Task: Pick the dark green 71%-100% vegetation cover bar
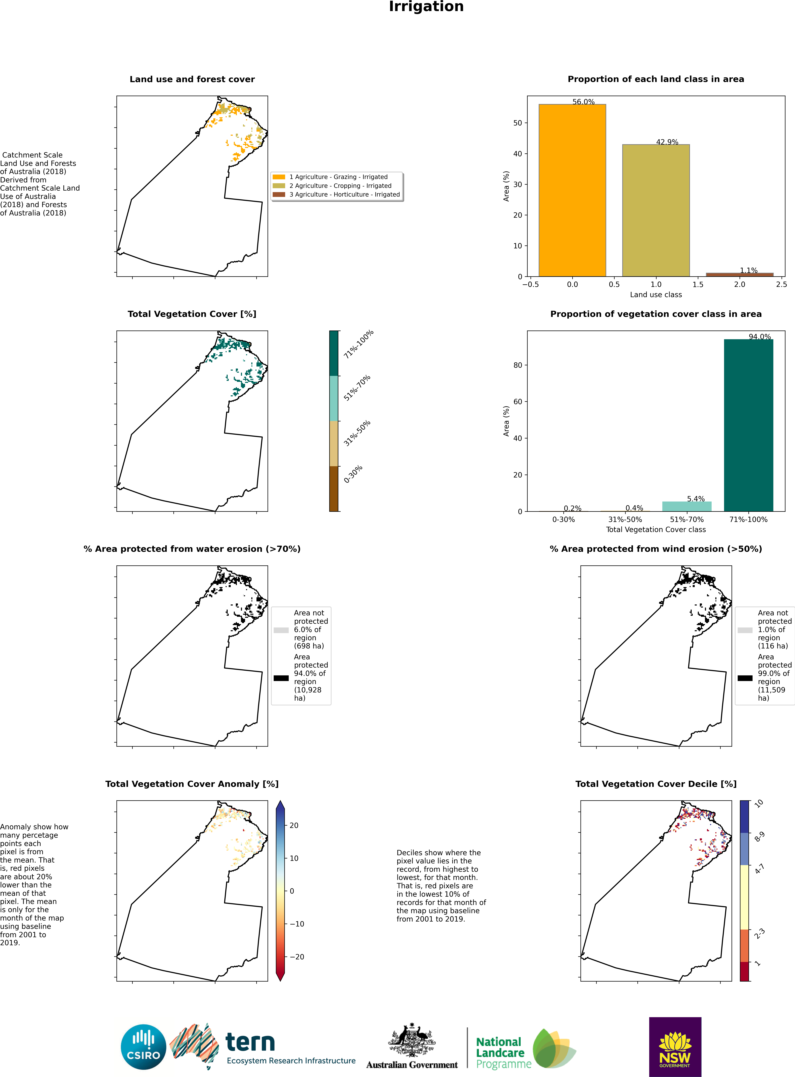(748, 425)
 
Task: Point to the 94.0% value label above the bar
(759, 337)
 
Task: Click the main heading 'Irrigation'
(426, 7)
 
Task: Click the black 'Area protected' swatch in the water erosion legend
(281, 678)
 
